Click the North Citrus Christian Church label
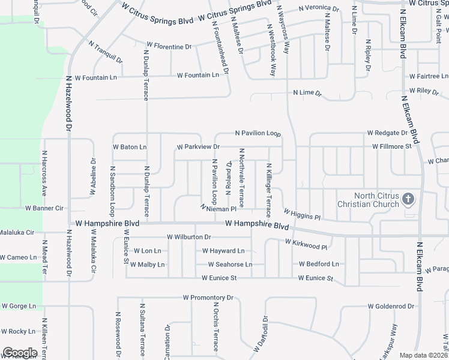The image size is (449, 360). pos(367,200)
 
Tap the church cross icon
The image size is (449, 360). pos(408,199)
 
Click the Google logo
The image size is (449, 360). pos(20,353)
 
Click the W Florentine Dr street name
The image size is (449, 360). pos(169,46)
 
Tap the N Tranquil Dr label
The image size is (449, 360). pos(106,52)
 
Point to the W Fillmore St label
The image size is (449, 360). pos(391,146)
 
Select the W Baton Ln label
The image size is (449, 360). pos(129,146)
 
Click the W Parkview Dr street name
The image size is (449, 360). pos(198,146)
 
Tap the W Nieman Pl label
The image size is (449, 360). pos(218,208)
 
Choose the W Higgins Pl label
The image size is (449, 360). pos(303,214)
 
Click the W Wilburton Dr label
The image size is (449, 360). pos(189,238)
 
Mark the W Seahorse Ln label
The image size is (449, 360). pos(230,264)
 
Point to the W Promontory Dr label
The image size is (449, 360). pos(208,298)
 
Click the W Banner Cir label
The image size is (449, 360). pos(44,208)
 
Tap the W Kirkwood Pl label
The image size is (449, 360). pos(306,244)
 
